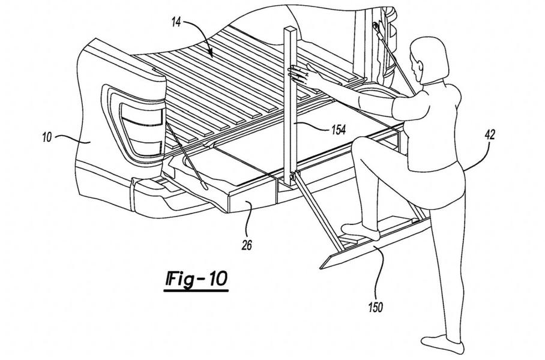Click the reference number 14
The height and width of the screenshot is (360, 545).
(x=176, y=23)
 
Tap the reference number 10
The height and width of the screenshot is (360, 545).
(x=47, y=137)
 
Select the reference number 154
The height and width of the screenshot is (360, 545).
(x=338, y=130)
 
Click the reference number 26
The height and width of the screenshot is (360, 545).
(x=247, y=245)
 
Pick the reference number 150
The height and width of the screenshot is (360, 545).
(x=376, y=307)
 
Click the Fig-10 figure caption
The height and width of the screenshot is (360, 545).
(x=196, y=280)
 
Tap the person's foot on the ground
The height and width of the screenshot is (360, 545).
(x=442, y=343)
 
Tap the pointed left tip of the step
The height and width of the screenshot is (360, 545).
(x=321, y=268)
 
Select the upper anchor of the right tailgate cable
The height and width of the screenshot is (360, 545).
(x=376, y=26)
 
